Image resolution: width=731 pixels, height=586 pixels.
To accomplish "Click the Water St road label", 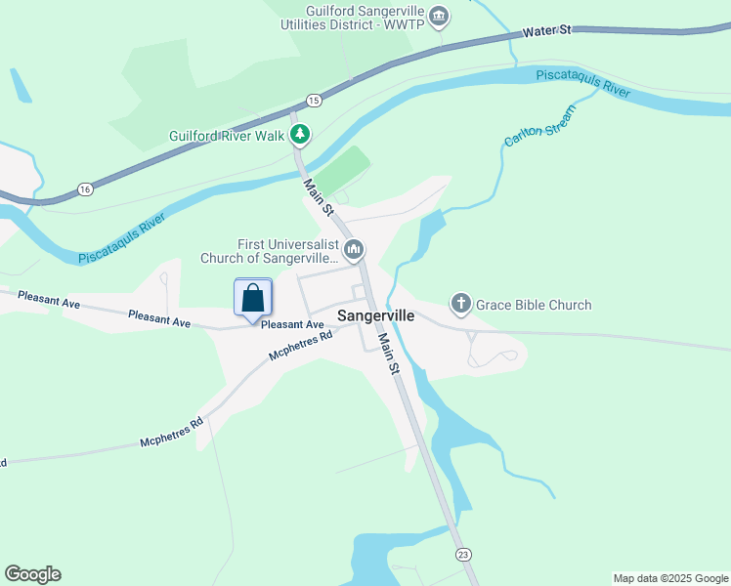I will click(x=547, y=31).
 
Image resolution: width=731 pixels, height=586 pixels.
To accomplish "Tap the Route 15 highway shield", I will click(x=313, y=100).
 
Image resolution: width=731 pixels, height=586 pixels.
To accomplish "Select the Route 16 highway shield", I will click(x=86, y=188).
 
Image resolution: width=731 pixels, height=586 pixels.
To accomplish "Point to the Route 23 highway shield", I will click(x=463, y=554).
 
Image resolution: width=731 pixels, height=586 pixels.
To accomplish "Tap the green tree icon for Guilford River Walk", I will click(x=301, y=135).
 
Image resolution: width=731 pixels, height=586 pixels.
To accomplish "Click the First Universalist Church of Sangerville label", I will click(x=269, y=252).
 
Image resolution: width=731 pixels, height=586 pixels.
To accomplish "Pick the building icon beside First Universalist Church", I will click(x=354, y=251).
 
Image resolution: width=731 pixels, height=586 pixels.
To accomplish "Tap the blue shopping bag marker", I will click(x=253, y=298).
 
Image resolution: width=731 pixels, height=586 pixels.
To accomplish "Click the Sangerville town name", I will click(x=376, y=316).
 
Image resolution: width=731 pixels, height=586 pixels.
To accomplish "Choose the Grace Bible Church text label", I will click(x=534, y=305).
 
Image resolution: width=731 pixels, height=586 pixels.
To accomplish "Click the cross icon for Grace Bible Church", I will click(x=461, y=304).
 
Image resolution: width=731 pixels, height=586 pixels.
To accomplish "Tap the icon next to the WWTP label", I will click(x=439, y=17).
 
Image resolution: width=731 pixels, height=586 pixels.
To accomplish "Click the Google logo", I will click(x=32, y=574).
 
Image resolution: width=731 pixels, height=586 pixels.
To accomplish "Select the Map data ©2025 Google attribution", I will click(x=670, y=578).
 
